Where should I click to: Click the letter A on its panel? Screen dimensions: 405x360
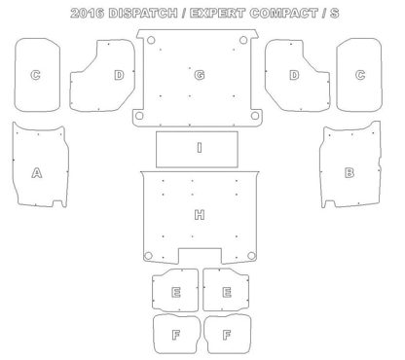coord(37,172)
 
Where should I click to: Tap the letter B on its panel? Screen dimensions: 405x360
coord(350,172)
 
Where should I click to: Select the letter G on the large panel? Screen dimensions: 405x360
coord(200,75)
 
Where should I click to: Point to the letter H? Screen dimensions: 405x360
coord(200,215)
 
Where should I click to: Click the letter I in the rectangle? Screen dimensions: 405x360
coord(200,148)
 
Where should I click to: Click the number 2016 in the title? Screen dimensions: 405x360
coord(88,13)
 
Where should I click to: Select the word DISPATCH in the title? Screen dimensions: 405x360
coord(143,13)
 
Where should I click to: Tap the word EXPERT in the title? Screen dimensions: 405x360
coord(217,13)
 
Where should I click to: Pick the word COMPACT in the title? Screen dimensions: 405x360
coord(283,13)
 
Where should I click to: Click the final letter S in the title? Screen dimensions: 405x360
coord(335,13)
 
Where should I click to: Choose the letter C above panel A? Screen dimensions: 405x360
coord(35,75)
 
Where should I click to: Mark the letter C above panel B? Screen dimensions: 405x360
coord(360,75)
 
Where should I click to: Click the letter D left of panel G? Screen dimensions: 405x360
coord(119,75)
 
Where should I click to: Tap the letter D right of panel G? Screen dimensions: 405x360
coord(294,75)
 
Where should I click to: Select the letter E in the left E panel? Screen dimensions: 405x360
coord(176,292)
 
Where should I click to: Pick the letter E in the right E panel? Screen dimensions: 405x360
coord(227,292)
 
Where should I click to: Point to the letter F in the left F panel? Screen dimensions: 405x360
coord(176,335)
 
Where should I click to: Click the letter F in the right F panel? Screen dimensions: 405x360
coord(227,335)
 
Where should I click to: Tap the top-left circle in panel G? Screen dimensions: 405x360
coord(151,41)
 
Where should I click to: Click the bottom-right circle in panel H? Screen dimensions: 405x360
coord(251,256)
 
